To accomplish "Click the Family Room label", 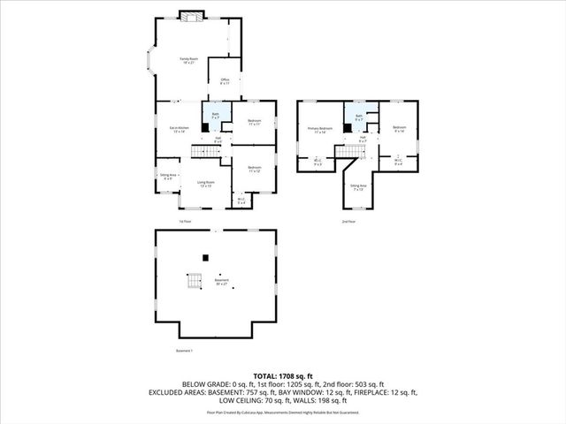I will pyautogui.click(x=188, y=60).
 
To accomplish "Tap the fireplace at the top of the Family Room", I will pyautogui.click(x=190, y=15).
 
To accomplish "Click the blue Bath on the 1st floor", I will pyautogui.click(x=217, y=115).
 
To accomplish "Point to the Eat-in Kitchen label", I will pyautogui.click(x=179, y=130).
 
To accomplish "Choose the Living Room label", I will pyautogui.click(x=205, y=184).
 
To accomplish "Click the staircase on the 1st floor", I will pyautogui.click(x=203, y=153).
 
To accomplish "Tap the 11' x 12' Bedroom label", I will pyautogui.click(x=255, y=169).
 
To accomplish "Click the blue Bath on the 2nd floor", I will pyautogui.click(x=359, y=117).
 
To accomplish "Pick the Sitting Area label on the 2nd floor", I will pyautogui.click(x=357, y=187).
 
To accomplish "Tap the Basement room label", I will pyautogui.click(x=222, y=282).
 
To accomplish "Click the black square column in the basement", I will pyautogui.click(x=205, y=257).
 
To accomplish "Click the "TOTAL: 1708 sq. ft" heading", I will pyautogui.click(x=282, y=375).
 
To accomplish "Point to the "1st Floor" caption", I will pyautogui.click(x=184, y=221).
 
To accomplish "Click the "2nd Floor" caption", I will pyautogui.click(x=350, y=221).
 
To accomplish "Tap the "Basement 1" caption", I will pyautogui.click(x=184, y=351).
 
